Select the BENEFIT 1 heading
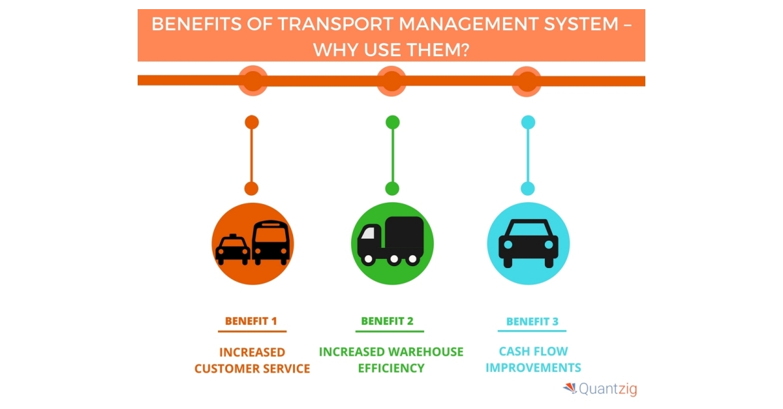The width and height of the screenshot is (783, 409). tap(251, 321)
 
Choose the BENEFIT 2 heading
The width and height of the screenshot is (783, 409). tap(387, 321)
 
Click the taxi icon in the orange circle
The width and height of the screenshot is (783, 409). tap(233, 249)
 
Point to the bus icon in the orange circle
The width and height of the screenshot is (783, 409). tap(270, 243)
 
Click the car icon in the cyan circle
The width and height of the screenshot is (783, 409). tap(529, 243)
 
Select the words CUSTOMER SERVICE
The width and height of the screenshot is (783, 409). tap(252, 369)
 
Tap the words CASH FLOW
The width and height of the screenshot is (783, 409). tap(529, 352)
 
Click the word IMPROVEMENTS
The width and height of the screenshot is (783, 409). tap(533, 368)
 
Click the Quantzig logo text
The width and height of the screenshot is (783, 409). tap(607, 389)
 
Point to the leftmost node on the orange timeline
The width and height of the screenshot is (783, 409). tap(253, 81)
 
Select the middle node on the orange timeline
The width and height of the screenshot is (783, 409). tap(391, 81)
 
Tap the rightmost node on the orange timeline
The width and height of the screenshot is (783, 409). tap(527, 81)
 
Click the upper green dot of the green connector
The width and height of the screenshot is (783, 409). tap(392, 122)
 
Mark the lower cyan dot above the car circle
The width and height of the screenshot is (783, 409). tap(528, 189)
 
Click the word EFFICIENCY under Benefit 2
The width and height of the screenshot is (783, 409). tap(390, 368)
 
